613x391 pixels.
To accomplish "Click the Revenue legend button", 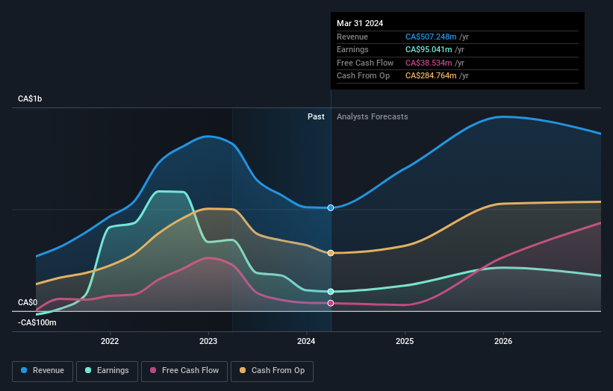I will point(43,370).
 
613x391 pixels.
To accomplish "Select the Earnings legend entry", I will point(107,370).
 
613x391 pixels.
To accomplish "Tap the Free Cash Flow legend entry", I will point(185,370).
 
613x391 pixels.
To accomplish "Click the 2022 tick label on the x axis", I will point(110,342).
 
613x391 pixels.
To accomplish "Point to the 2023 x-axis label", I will point(208,342).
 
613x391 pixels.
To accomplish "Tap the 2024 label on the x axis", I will point(307,342).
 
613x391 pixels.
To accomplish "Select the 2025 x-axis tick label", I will point(405,342).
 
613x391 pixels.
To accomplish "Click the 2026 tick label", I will point(503,342).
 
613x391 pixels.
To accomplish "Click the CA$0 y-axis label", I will point(28,302).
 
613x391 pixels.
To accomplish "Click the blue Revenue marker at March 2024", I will point(331,207).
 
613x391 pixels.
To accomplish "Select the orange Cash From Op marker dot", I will point(331,253).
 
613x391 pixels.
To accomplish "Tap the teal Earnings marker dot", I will point(331,292).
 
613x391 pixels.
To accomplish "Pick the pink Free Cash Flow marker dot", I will point(331,303).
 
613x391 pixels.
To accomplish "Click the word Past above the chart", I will point(316,116).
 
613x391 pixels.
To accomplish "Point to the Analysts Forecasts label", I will point(373,116).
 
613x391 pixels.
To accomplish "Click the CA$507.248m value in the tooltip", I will point(431,37).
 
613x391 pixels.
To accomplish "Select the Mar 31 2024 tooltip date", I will point(360,23).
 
